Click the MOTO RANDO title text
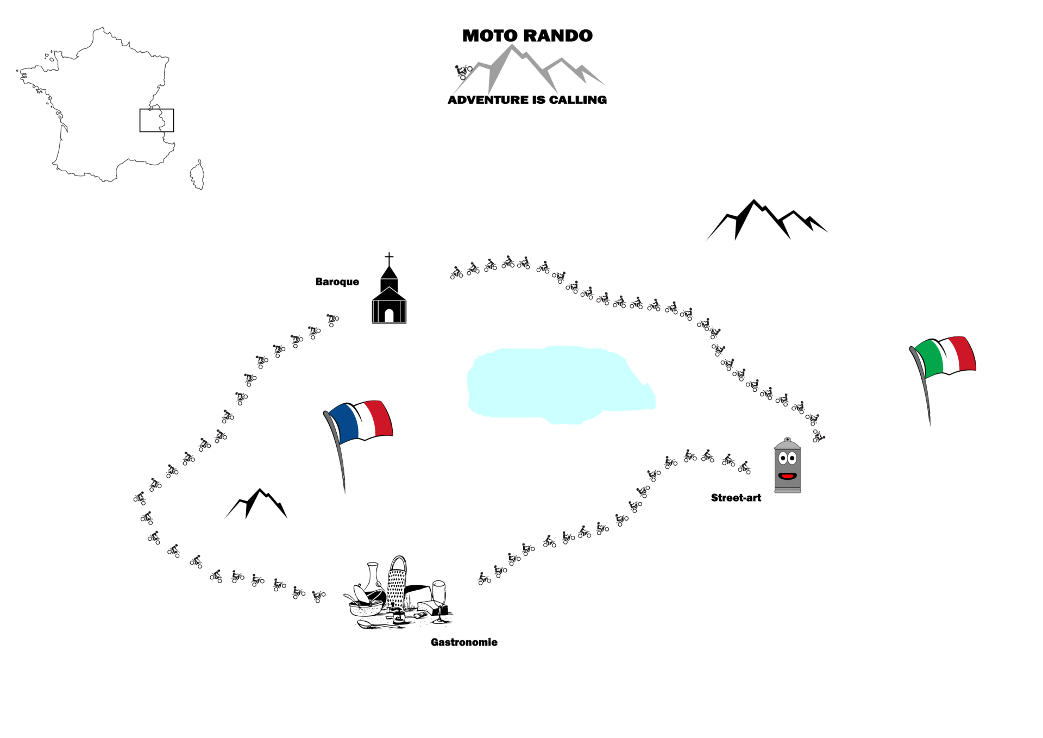click(527, 36)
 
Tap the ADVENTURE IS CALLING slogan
click(527, 100)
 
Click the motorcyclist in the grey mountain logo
click(463, 71)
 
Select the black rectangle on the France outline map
click(156, 120)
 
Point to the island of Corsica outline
click(198, 175)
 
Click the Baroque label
click(337, 282)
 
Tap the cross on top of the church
click(389, 258)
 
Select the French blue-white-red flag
click(361, 421)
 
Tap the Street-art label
click(736, 498)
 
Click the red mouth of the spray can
click(787, 477)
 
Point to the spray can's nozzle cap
click(787, 440)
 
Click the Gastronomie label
click(464, 642)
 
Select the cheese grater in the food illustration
click(397, 584)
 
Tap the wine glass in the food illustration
click(439, 595)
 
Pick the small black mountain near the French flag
click(256, 504)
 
